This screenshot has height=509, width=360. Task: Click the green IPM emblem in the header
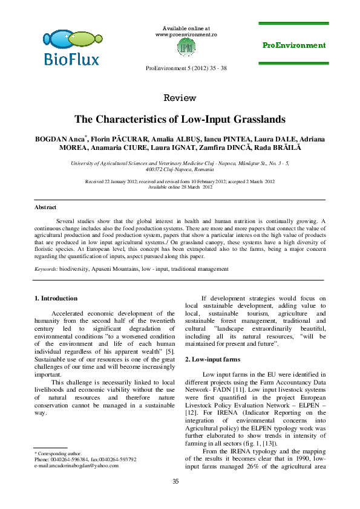pyautogui.click(x=188, y=47)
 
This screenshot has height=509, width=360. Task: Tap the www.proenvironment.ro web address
pyautogui.click(x=186, y=34)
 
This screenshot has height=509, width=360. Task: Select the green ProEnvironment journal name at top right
pyautogui.click(x=294, y=45)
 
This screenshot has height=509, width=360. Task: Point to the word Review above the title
pyautogui.click(x=180, y=98)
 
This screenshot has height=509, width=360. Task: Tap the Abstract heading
pyautogui.click(x=45, y=207)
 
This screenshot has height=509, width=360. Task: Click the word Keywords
pyautogui.click(x=45, y=268)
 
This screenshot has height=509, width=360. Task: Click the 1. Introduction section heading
pyautogui.click(x=56, y=298)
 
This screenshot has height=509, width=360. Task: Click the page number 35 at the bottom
pyautogui.click(x=176, y=481)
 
